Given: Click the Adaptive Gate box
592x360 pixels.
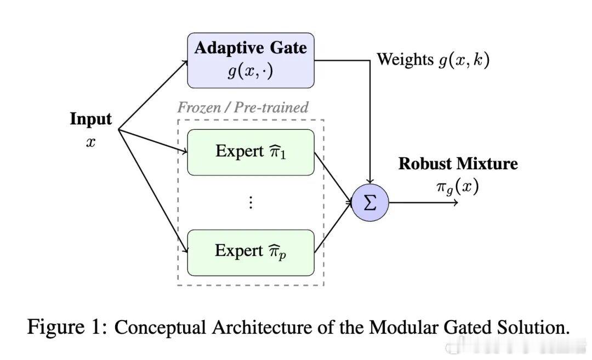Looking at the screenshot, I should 251,60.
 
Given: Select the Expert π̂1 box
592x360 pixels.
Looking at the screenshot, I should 251,152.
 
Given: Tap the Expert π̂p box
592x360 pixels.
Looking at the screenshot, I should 251,252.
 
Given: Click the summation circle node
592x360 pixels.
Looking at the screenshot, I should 370,203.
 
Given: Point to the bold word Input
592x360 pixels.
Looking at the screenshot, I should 90,119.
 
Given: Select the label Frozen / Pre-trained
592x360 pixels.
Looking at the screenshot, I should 243,107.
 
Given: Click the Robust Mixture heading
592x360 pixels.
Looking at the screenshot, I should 458,164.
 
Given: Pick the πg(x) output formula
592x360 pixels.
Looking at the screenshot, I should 457,187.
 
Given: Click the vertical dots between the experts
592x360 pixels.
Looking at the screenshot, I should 251,202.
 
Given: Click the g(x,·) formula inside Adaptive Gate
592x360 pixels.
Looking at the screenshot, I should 251,72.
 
